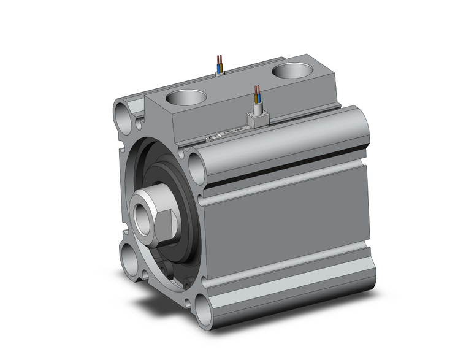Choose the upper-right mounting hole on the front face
coord(196,166)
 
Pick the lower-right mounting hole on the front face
coord(202,310)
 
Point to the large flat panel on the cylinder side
coord(288,227)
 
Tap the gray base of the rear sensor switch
coord(219,73)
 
